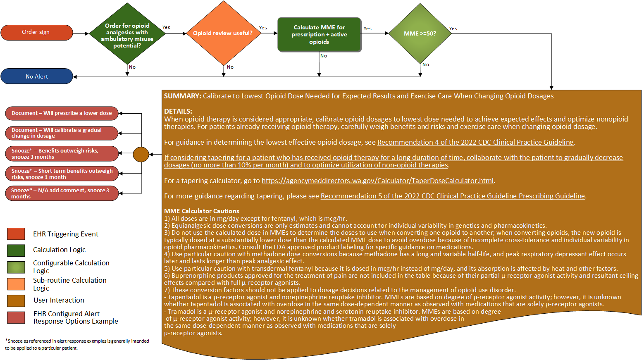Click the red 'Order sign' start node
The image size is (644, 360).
click(x=36, y=32)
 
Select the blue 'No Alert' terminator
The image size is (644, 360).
click(x=37, y=76)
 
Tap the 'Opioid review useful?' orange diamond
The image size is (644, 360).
click(x=223, y=33)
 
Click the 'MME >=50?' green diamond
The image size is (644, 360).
click(x=420, y=33)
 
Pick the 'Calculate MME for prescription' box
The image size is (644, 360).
click(x=319, y=34)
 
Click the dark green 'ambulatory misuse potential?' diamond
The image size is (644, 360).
click(x=127, y=35)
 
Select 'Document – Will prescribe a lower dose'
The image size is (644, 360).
click(x=62, y=113)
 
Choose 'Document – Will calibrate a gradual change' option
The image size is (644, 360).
click(x=62, y=133)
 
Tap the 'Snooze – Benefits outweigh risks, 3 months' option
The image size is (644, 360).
click(x=62, y=153)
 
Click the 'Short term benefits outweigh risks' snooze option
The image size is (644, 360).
click(x=62, y=174)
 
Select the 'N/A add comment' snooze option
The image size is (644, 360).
click(x=62, y=193)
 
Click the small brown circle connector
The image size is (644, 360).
click(x=141, y=154)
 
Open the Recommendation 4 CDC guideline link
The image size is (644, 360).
click(x=475, y=142)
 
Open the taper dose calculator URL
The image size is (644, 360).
click(x=377, y=181)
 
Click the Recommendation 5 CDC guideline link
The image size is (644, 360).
click(x=453, y=196)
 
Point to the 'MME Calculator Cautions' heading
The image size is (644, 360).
click(x=201, y=211)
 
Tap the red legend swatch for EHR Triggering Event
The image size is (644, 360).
click(x=16, y=234)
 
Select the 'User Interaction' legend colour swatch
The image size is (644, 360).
click(x=16, y=300)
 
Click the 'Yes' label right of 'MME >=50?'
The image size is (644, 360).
click(x=453, y=29)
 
